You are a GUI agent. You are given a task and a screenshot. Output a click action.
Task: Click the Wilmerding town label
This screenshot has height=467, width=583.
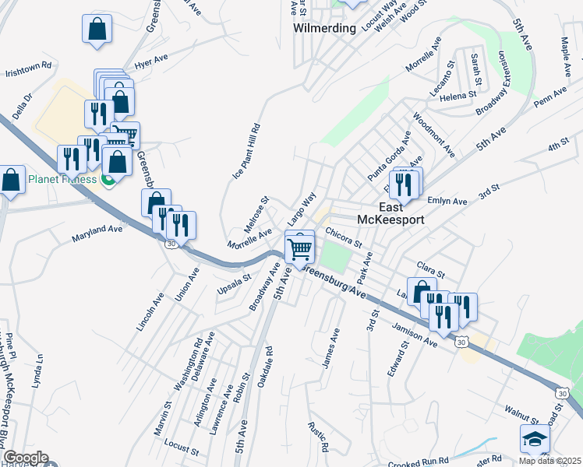coord(324,28)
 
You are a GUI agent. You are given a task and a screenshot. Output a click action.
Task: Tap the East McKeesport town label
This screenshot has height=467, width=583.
coord(390,213)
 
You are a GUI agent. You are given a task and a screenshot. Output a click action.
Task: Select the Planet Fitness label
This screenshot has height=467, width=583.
coord(62,180)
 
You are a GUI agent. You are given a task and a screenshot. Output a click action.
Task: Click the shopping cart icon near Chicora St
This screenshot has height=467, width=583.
coord(300,248)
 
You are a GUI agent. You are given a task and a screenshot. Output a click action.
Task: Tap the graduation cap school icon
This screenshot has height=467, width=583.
coord(534,440)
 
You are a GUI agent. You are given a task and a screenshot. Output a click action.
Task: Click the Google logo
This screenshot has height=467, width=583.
coord(25,458)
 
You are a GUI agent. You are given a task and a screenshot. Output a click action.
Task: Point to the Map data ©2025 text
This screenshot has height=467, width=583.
coord(550,461)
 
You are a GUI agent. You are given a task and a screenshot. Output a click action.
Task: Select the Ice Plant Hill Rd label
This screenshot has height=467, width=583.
coord(246,152)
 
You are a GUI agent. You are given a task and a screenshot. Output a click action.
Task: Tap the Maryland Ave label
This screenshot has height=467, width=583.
coord(97,232)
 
